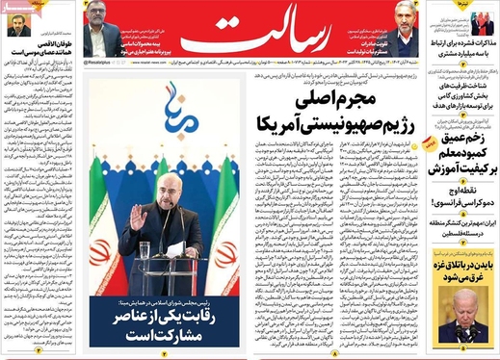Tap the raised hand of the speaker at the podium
pos(138,219)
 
